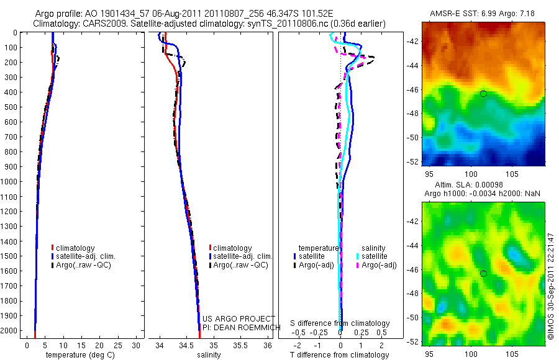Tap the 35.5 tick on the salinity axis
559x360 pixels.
[x=240, y=344]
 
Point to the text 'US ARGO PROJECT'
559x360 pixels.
[x=239, y=319]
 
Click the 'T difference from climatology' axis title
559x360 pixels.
[x=340, y=355]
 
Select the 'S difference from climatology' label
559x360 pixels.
[x=340, y=323]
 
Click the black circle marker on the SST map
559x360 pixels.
[x=483, y=94]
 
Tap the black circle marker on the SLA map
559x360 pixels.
[x=483, y=273]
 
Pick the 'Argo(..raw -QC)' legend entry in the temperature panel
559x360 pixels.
[x=86, y=265]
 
